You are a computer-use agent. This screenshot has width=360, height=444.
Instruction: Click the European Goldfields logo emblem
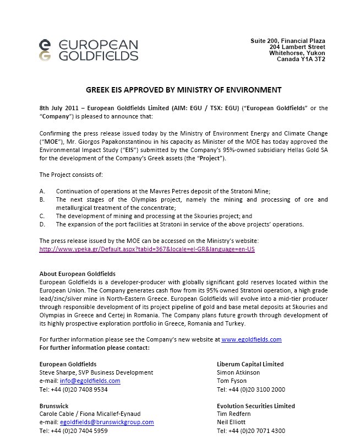click(47, 50)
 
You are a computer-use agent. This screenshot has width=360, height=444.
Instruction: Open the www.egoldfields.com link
click(252, 340)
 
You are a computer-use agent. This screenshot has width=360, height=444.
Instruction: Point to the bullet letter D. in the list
click(43, 224)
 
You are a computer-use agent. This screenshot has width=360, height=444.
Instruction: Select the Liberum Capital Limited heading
click(250, 364)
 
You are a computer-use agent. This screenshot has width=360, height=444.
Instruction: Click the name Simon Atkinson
click(239, 372)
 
